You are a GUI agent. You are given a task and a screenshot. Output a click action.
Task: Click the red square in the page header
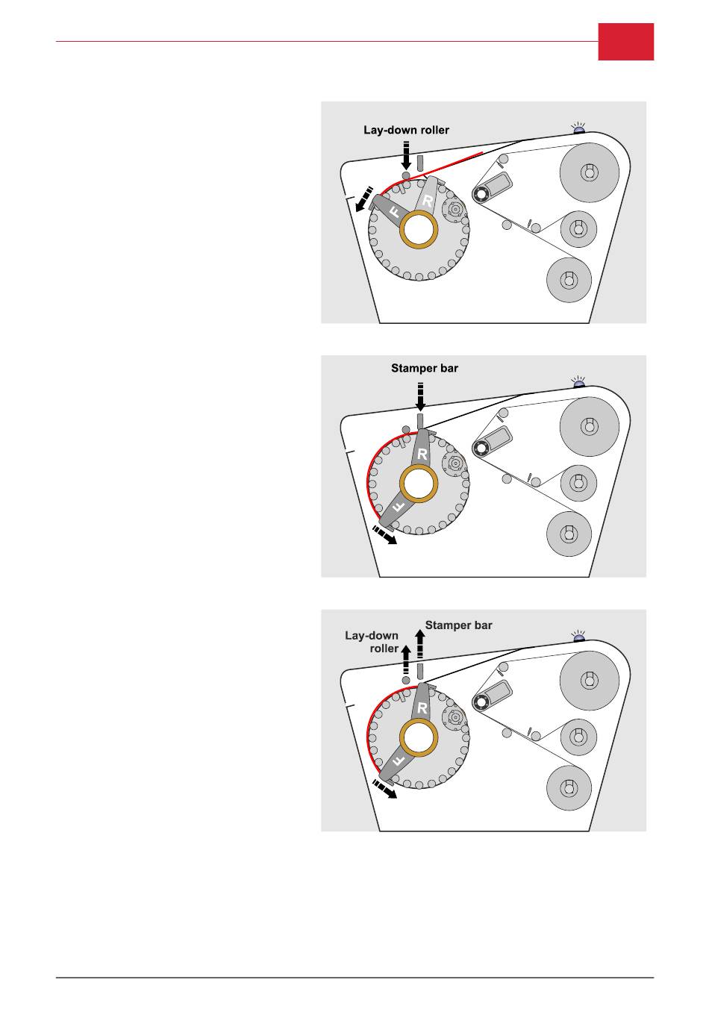pyautogui.click(x=625, y=41)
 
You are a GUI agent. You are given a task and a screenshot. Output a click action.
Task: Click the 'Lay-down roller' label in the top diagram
pyautogui.click(x=406, y=130)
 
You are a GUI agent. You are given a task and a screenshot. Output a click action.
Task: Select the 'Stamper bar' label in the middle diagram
pyautogui.click(x=425, y=368)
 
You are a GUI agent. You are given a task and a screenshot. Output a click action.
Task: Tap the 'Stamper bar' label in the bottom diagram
pyautogui.click(x=458, y=625)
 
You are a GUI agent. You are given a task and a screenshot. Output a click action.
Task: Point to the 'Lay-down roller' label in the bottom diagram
pyautogui.click(x=372, y=642)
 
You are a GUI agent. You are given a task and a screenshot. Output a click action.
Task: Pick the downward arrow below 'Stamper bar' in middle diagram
pyautogui.click(x=421, y=396)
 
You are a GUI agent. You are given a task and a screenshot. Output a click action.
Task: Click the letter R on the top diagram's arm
pyautogui.click(x=428, y=201)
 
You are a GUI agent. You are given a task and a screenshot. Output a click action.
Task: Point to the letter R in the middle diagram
pyautogui.click(x=422, y=453)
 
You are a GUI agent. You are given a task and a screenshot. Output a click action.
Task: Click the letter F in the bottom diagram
pyautogui.click(x=398, y=759)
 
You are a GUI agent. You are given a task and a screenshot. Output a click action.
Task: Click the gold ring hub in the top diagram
pyautogui.click(x=418, y=229)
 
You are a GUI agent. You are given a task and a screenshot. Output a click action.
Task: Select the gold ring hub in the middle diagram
pyautogui.click(x=418, y=484)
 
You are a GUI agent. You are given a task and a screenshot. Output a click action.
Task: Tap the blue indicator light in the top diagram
pyautogui.click(x=578, y=130)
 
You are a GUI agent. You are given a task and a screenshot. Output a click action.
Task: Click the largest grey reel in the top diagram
pyautogui.click(x=590, y=172)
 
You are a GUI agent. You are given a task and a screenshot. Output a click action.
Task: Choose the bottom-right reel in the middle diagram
pyautogui.click(x=569, y=534)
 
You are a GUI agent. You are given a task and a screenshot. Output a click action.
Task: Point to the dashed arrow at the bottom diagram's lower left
pyautogui.click(x=384, y=788)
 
